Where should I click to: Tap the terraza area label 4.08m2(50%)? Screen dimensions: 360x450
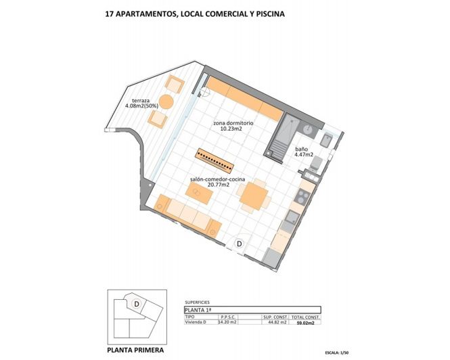(141, 106)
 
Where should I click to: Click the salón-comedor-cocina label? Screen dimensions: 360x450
(218, 181)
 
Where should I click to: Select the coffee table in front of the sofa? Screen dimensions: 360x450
(200, 195)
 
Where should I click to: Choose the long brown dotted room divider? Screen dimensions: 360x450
(216, 160)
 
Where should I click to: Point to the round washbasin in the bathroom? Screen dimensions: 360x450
(308, 129)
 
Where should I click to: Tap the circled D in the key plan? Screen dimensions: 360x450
(137, 304)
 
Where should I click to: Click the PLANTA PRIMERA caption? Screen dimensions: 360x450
(135, 351)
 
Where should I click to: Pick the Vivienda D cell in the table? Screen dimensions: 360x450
(196, 323)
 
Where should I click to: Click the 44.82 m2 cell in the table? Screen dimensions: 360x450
(274, 323)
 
